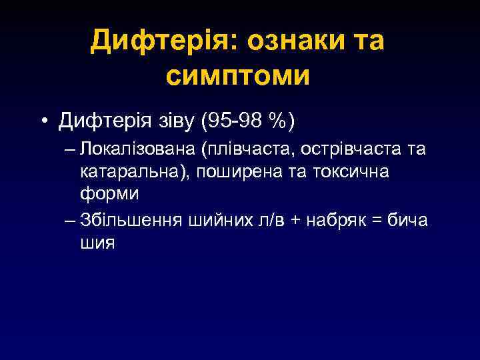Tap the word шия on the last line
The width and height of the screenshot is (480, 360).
(x=97, y=243)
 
